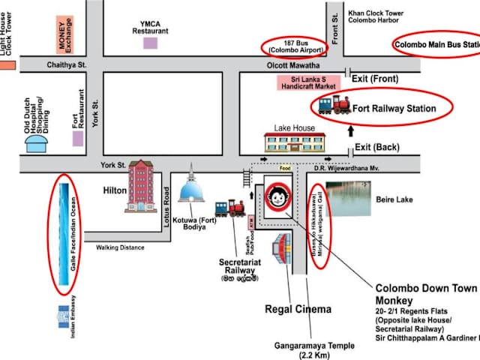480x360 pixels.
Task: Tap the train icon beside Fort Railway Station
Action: coord(334,105)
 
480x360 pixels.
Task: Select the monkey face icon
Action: coord(279,199)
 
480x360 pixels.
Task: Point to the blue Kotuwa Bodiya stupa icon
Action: coord(193,187)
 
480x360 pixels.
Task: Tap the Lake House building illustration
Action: coord(295,142)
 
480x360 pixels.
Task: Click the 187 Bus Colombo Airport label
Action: coord(294,46)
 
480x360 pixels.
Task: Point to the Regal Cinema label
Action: coord(298,309)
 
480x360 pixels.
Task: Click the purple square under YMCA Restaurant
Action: coord(151,43)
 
